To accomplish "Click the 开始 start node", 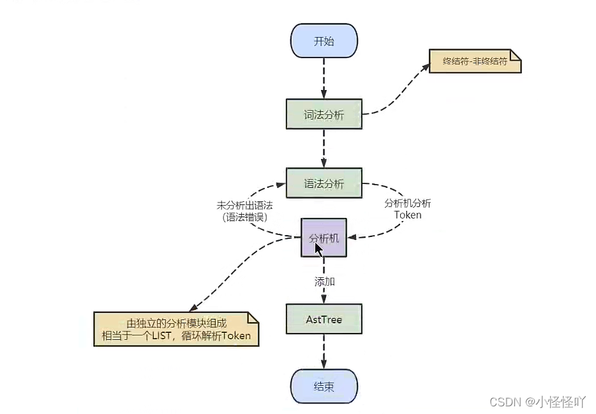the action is [x=324, y=41].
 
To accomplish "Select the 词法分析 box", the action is [x=324, y=114].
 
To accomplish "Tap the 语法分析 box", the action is [x=324, y=183].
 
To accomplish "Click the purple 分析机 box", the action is [x=324, y=238].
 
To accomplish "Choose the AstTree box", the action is [x=324, y=319].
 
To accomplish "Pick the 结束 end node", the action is [x=324, y=387].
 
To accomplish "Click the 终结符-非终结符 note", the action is [x=475, y=61].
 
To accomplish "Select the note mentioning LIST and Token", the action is [x=176, y=329].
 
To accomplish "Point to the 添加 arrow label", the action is [x=325, y=282].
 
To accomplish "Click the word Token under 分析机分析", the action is [x=408, y=215].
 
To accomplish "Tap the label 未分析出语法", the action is [x=245, y=206].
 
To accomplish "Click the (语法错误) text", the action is [x=245, y=217].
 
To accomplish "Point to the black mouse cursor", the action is [x=318, y=250].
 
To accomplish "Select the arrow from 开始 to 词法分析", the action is [x=324, y=79].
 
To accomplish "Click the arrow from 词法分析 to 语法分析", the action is [x=324, y=148].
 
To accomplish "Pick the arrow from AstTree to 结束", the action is [x=324, y=351].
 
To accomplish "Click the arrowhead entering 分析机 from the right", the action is [x=352, y=238].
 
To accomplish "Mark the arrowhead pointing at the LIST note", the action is [x=193, y=307].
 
